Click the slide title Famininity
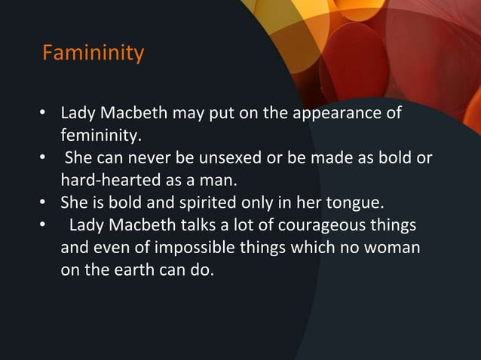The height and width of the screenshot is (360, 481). point(93,55)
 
